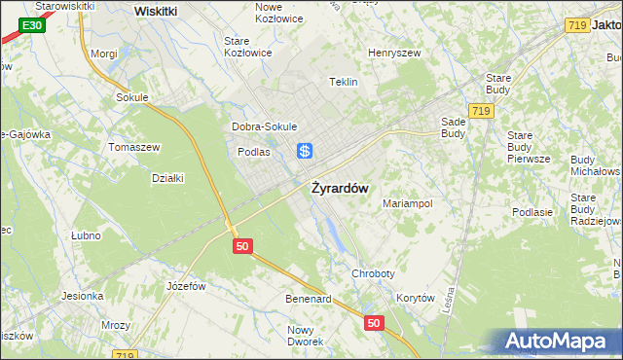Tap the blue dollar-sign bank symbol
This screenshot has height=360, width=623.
point(305,151)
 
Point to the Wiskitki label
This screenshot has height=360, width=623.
point(155,11)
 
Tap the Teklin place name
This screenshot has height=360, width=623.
point(345,83)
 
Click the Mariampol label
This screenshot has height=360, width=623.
point(407,203)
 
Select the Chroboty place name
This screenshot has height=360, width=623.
point(374,274)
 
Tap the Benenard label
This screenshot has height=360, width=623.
point(308,299)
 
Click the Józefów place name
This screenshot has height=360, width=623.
point(186,286)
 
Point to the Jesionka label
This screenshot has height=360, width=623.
point(82,296)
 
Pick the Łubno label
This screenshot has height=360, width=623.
point(87,235)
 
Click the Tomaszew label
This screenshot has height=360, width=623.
point(134,147)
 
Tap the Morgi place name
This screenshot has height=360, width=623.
point(103,54)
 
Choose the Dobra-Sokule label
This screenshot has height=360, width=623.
point(264,126)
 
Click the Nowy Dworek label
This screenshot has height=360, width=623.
point(305,336)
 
